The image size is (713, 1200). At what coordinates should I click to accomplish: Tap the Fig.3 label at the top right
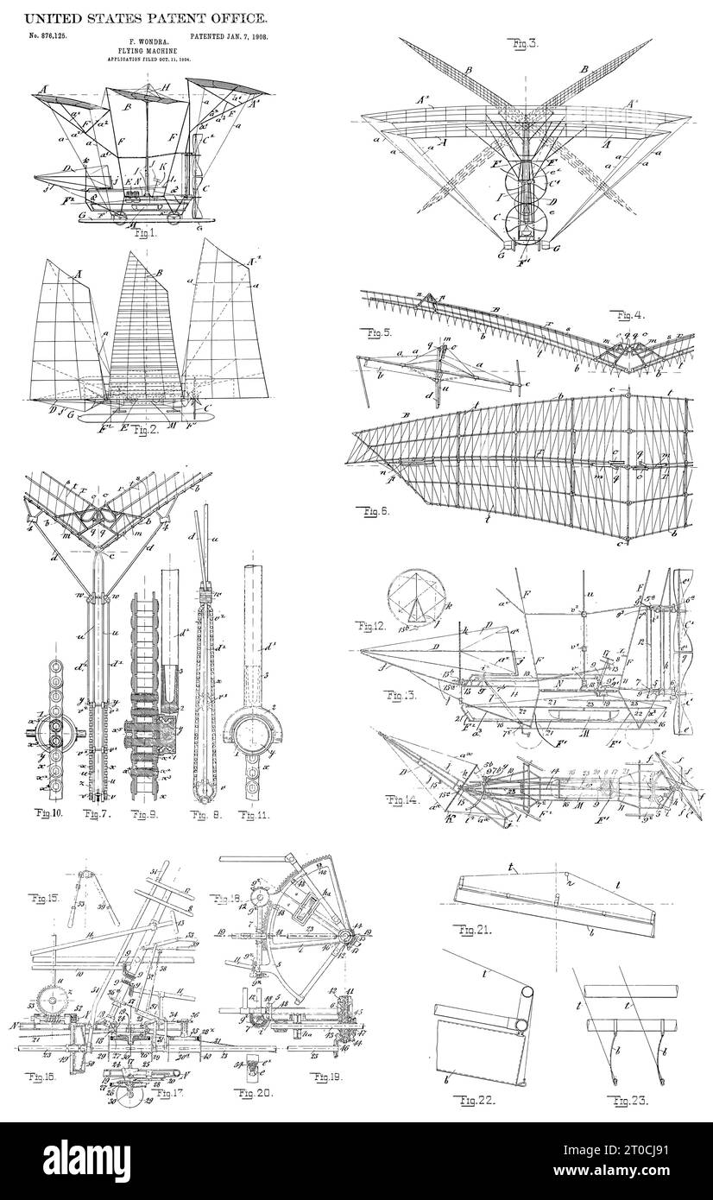click(525, 41)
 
